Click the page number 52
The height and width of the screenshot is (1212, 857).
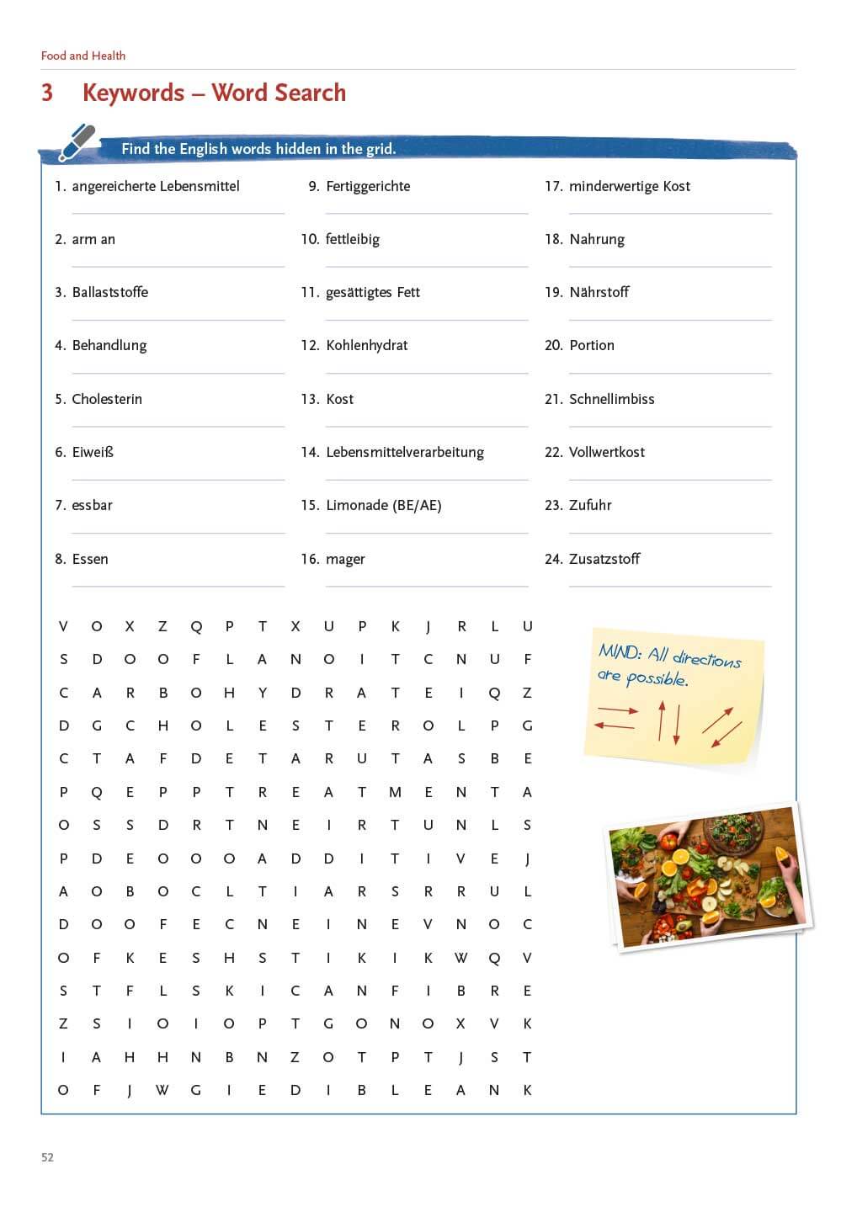pos(47,1157)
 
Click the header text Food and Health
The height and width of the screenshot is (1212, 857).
pos(83,56)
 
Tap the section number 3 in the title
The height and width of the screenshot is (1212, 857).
pos(47,93)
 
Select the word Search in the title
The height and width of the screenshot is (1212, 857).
pos(304,93)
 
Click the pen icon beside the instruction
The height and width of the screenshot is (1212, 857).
pos(77,142)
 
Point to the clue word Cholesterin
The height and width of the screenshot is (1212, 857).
pos(107,399)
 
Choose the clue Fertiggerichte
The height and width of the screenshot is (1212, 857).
pos(368,186)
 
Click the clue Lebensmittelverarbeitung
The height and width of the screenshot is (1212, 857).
pos(405,452)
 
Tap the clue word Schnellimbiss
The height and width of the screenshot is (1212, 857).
pos(611,399)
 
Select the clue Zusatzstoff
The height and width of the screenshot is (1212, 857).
pos(604,559)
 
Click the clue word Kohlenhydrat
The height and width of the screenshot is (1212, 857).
pos(366,345)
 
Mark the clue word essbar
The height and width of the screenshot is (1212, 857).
pos(92,505)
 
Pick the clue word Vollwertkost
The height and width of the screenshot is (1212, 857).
pos(607,452)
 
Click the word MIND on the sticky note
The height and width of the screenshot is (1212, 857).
pos(620,651)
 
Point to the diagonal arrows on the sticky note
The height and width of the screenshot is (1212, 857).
pos(721,726)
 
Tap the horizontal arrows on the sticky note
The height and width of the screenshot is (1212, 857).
pos(616,717)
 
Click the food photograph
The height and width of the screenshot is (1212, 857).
pos(707,875)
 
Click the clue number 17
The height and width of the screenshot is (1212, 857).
pos(553,186)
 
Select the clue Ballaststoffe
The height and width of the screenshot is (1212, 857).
pos(110,292)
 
